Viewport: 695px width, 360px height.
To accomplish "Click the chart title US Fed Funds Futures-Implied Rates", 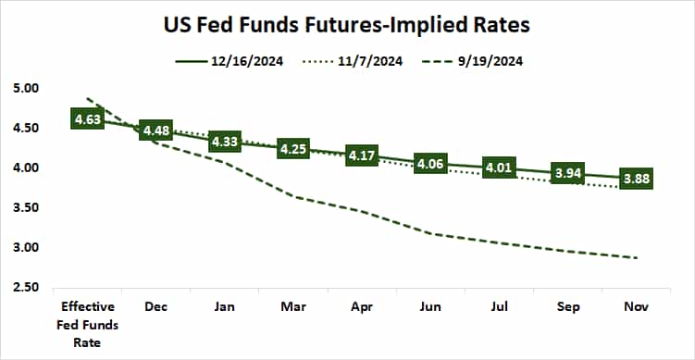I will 347,21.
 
